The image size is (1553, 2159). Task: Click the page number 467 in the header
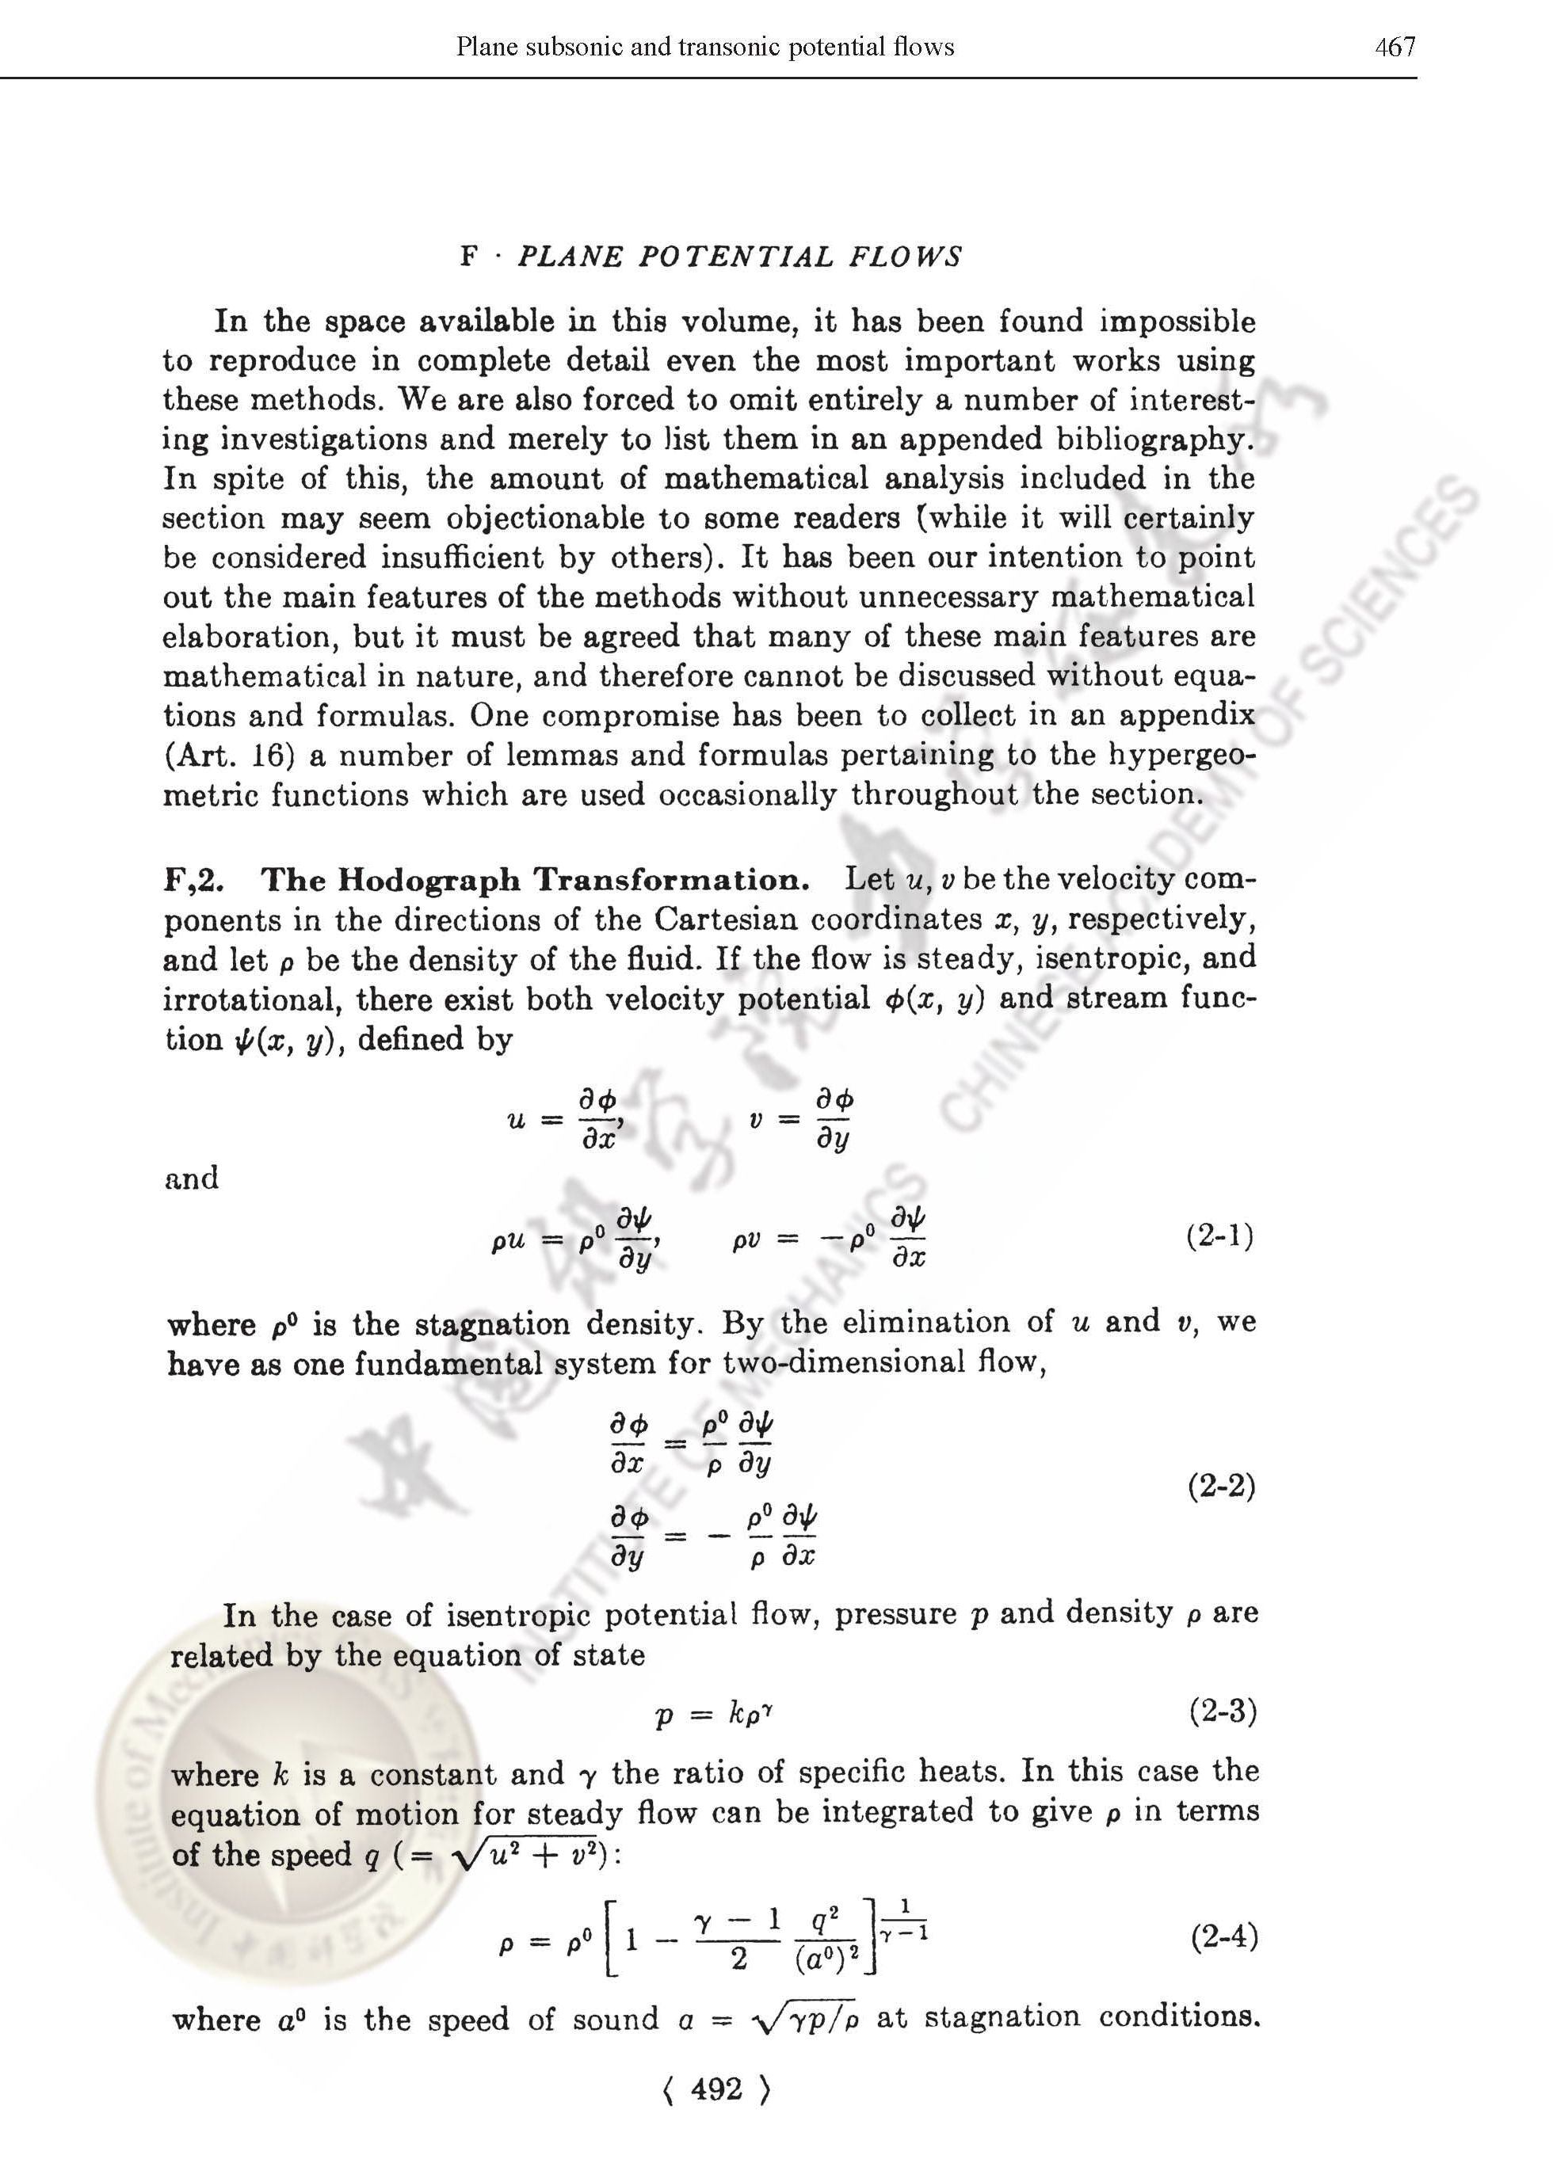coord(1395,47)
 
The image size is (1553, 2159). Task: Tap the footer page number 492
coord(716,2089)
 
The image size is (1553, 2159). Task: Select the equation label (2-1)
coord(1219,1236)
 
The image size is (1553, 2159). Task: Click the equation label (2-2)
coord(1222,1486)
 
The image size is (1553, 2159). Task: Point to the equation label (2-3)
coord(1223,1712)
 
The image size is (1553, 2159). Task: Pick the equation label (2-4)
coord(1224,1937)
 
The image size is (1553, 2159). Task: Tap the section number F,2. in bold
coord(194,880)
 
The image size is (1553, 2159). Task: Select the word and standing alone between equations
coord(192,1179)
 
